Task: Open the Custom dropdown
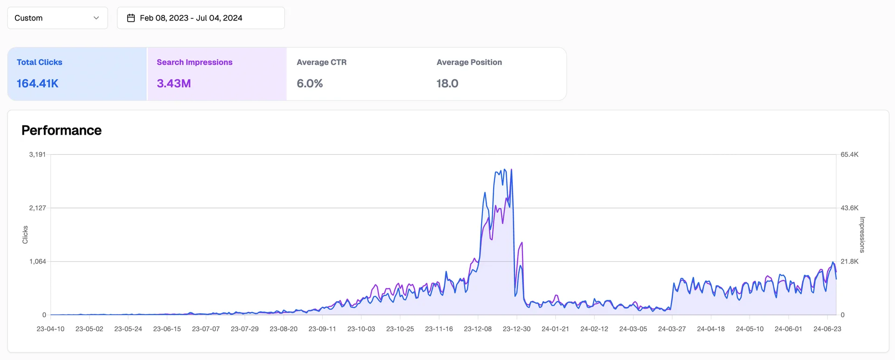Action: pyautogui.click(x=57, y=18)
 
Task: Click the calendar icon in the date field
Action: pyautogui.click(x=131, y=18)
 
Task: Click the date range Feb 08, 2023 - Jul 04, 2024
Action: pyautogui.click(x=191, y=18)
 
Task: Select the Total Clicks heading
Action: pyautogui.click(x=40, y=62)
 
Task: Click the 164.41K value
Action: pyautogui.click(x=37, y=83)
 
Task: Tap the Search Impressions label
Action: pyautogui.click(x=194, y=62)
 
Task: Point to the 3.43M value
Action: pyautogui.click(x=174, y=83)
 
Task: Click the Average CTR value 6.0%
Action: pyautogui.click(x=310, y=83)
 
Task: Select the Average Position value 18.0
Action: pyautogui.click(x=447, y=83)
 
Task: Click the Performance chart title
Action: pyautogui.click(x=62, y=130)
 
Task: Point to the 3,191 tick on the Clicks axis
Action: pyautogui.click(x=37, y=154)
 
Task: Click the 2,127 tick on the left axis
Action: pyautogui.click(x=37, y=208)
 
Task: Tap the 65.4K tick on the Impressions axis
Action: pyautogui.click(x=849, y=154)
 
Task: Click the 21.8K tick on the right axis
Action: pyautogui.click(x=849, y=261)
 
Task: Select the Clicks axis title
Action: pyautogui.click(x=25, y=235)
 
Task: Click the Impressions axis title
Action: pyautogui.click(x=862, y=235)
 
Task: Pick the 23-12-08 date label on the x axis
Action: pyautogui.click(x=477, y=329)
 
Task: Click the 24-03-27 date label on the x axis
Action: pyautogui.click(x=672, y=329)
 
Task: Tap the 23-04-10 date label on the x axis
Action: pyautogui.click(x=50, y=329)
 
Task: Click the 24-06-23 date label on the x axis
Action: pyautogui.click(x=827, y=329)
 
